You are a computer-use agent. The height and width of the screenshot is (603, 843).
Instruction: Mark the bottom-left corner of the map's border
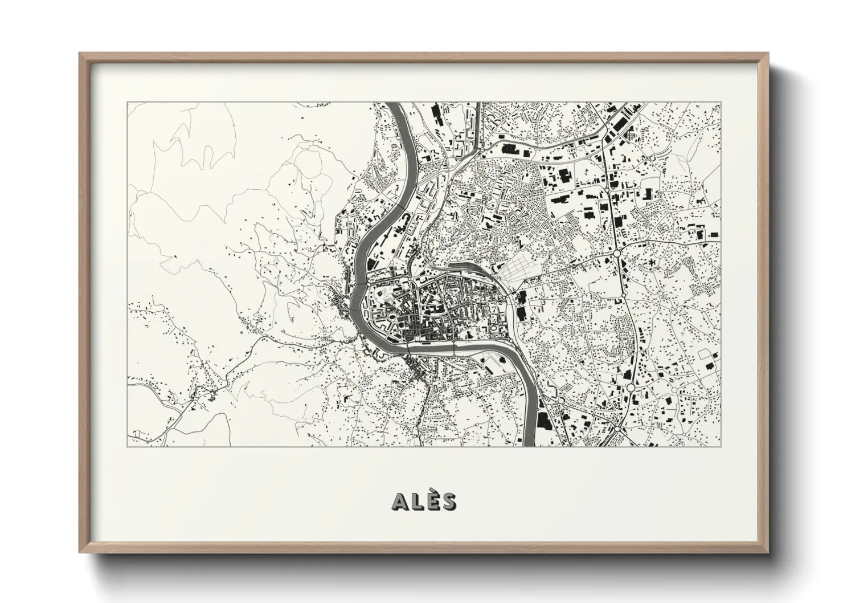coord(128,446)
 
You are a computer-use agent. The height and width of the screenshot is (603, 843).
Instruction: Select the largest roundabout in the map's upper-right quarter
coord(616,253)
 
